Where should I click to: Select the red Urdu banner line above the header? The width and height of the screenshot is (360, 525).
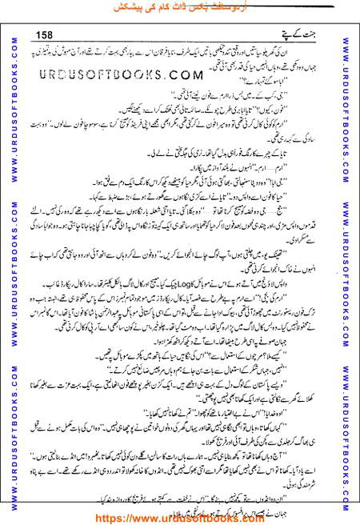(x=180, y=10)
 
